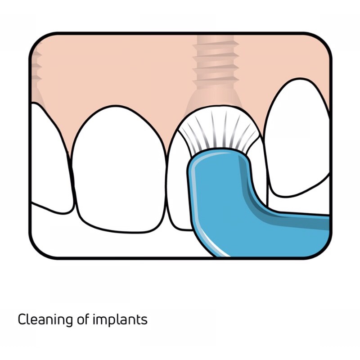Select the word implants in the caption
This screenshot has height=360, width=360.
pos(120,320)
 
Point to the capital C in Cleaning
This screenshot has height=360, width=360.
pos(22,320)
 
